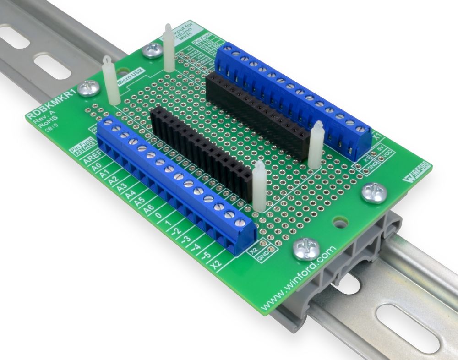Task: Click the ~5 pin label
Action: click(x=206, y=255)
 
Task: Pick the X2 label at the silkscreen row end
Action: click(x=217, y=264)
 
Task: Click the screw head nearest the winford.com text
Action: click(x=304, y=249)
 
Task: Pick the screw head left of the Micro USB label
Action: click(x=87, y=87)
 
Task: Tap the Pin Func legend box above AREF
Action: click(x=82, y=146)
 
